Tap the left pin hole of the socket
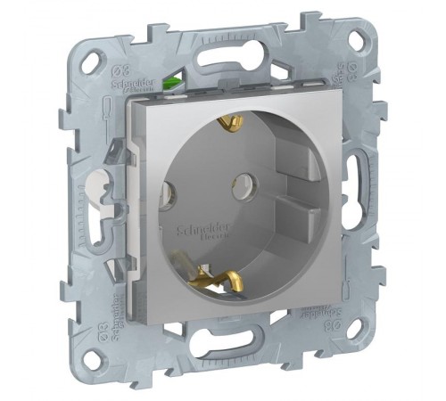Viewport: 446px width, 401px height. (169, 190)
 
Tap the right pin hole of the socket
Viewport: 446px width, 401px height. (240, 186)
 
